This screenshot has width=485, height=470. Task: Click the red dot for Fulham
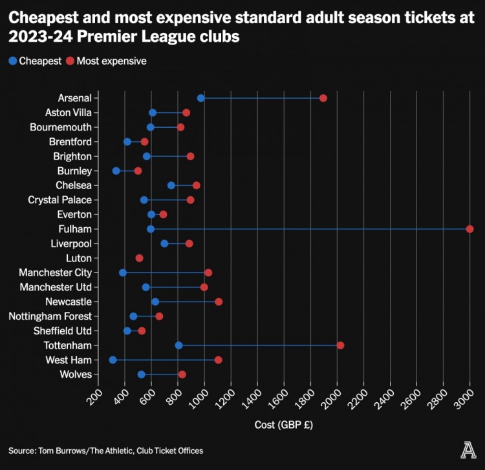(470, 229)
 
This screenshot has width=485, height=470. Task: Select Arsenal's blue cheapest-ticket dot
(201, 98)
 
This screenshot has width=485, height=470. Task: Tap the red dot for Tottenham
(341, 345)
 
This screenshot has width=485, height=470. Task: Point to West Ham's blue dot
(113, 360)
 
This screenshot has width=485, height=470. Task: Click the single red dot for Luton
(140, 258)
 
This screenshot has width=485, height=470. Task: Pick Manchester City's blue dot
(123, 272)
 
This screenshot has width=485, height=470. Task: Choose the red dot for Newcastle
(219, 301)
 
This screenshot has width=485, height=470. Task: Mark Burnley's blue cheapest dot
(116, 171)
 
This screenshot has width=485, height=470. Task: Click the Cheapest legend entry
(36, 61)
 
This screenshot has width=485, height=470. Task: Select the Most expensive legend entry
(107, 61)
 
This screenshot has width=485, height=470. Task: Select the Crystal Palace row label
(59, 200)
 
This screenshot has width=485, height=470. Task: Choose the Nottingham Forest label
(50, 316)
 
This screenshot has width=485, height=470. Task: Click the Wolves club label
(75, 374)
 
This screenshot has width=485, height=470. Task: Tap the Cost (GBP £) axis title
(283, 425)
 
